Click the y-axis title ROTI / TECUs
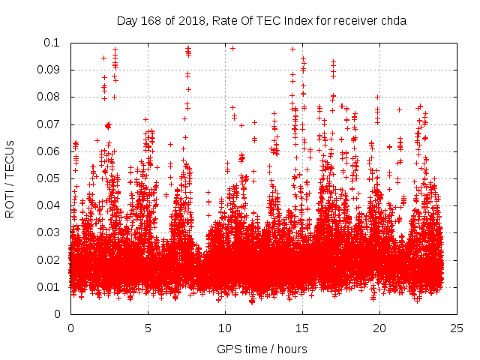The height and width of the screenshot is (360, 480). pos(10,178)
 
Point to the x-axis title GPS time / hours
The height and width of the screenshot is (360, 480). pos(262,349)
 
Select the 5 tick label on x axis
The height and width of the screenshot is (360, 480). pos(148,328)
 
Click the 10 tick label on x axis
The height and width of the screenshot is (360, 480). pos(225,328)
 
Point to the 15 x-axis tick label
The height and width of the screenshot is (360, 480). pos(302,328)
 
